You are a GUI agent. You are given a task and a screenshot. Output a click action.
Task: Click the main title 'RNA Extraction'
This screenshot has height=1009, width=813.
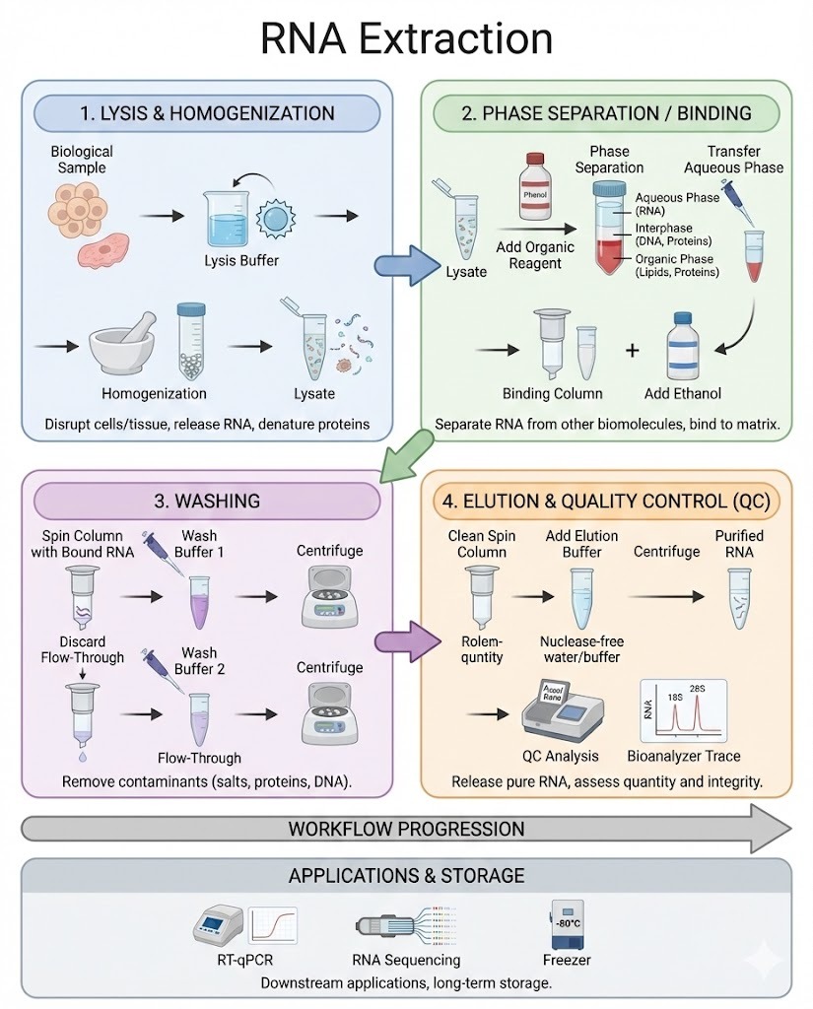tap(406, 38)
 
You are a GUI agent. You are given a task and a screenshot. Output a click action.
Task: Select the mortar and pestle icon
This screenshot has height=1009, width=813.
tap(126, 345)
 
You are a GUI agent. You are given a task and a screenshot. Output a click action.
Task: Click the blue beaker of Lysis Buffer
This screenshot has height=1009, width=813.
tap(228, 217)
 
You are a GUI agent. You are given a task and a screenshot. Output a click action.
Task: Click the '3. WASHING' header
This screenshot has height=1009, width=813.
tap(206, 501)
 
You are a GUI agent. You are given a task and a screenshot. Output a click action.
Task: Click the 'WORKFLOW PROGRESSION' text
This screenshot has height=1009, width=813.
tap(406, 829)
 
